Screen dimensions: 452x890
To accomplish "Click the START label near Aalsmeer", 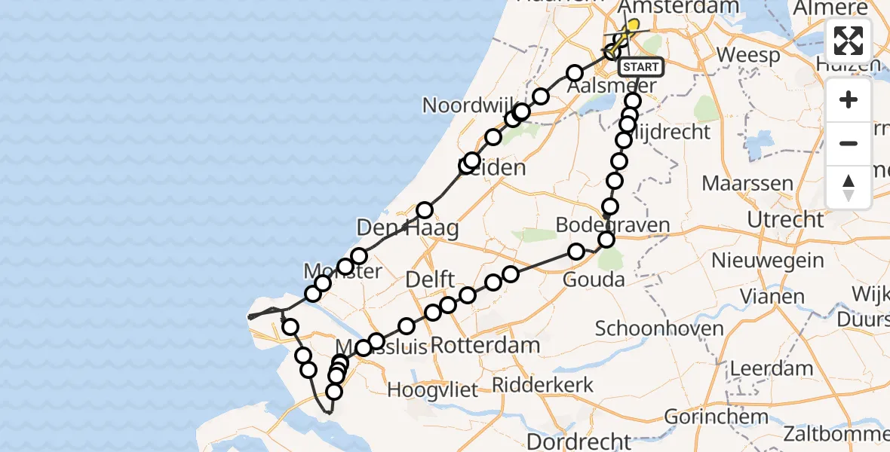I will coord(641,67).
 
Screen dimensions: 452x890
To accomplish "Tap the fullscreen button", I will coord(849,41).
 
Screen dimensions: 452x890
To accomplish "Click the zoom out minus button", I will coord(849,143).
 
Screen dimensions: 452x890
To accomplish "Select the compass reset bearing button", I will coord(849,187).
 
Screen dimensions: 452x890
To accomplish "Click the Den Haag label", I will coord(407,228).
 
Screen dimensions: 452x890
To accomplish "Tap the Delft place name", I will coord(430,279).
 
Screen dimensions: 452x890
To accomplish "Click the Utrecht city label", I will coord(785,220).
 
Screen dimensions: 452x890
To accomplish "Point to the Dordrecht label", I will coord(580,441).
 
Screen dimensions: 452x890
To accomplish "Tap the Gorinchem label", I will coord(716,417).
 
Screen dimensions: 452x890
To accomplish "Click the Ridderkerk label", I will coord(542,385).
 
